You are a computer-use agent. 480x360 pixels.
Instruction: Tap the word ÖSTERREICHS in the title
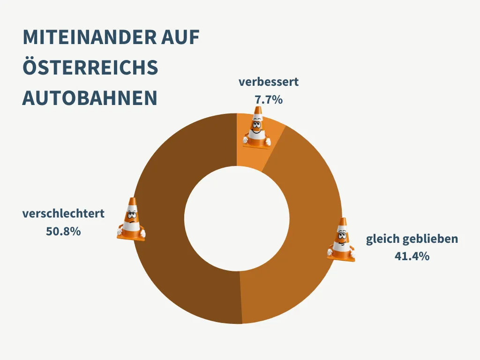click(90, 68)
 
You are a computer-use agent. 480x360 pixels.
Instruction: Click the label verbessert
click(268, 82)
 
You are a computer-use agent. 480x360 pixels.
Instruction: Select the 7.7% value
click(268, 99)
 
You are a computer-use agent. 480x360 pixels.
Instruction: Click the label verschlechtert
click(63, 214)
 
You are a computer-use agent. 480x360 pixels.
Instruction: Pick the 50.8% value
click(63, 231)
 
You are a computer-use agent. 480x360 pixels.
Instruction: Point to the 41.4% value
click(412, 256)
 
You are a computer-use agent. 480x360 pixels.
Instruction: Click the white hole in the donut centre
click(237, 218)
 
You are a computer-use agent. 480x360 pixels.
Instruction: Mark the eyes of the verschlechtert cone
click(132, 216)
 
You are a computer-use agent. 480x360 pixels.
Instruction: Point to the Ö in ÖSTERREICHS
click(30, 68)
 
